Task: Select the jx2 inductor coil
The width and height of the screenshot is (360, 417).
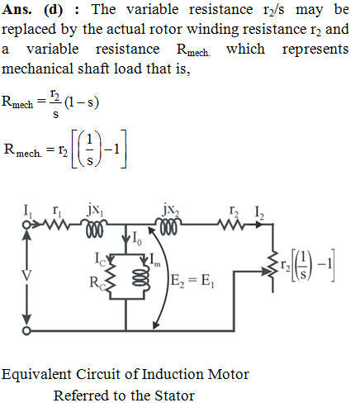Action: pyautogui.click(x=168, y=226)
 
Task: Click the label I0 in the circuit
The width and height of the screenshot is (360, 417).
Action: pyautogui.click(x=137, y=238)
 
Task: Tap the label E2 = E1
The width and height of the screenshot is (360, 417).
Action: pyautogui.click(x=192, y=281)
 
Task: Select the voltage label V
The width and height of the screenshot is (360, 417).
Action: pyautogui.click(x=26, y=275)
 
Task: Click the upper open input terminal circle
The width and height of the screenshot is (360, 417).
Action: pyautogui.click(x=26, y=225)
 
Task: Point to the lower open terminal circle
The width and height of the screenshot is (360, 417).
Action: pyautogui.click(x=26, y=330)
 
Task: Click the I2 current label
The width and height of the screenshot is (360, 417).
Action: pyautogui.click(x=259, y=213)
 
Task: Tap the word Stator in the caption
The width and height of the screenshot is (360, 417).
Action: pyautogui.click(x=174, y=396)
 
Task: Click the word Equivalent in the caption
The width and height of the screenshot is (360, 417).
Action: pyautogui.click(x=36, y=375)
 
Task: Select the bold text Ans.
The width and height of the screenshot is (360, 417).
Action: pyautogui.click(x=17, y=10)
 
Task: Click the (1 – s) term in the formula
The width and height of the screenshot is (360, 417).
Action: pyautogui.click(x=82, y=102)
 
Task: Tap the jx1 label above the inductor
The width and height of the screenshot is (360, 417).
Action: pyautogui.click(x=96, y=211)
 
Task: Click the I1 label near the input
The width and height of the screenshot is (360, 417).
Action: pyautogui.click(x=28, y=211)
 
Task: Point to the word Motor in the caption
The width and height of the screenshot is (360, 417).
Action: pyautogui.click(x=229, y=374)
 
